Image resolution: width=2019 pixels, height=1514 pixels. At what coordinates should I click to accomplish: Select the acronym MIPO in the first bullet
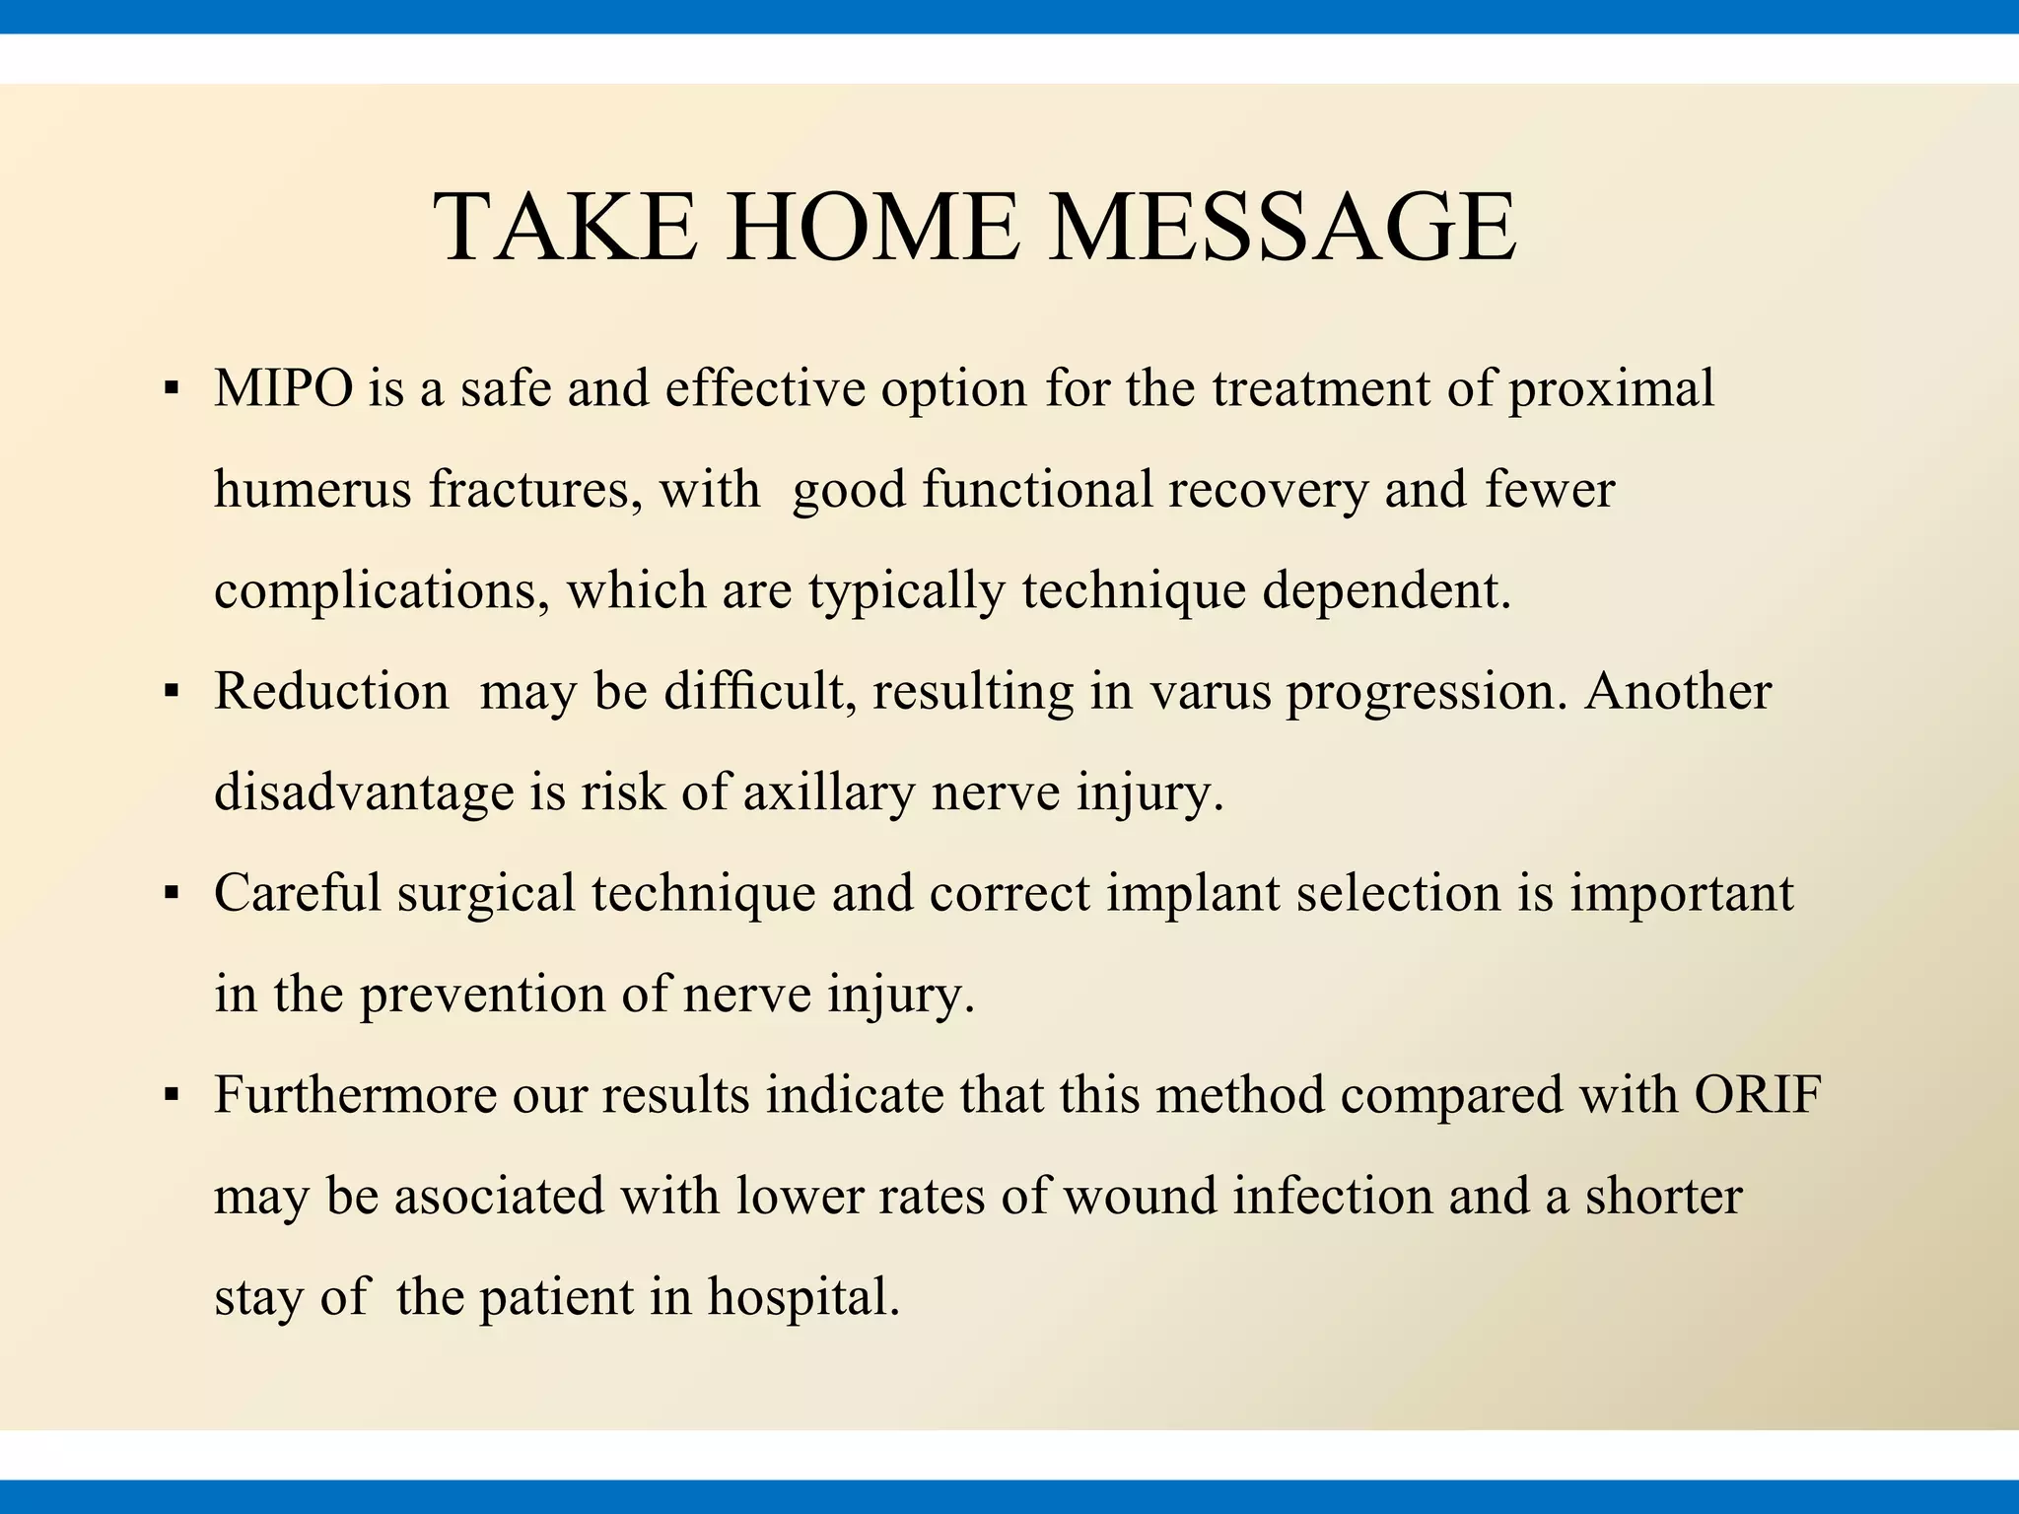pos(283,388)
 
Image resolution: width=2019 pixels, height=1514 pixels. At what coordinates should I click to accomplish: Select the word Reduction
pos(331,691)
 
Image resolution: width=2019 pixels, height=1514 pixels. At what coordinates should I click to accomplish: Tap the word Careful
pos(298,893)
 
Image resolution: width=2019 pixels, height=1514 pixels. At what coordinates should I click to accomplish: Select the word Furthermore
pos(355,1095)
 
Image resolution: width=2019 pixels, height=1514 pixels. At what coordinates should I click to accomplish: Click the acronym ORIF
pos(1757,1095)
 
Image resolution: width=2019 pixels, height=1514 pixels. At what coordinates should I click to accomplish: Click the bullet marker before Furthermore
pos(172,1095)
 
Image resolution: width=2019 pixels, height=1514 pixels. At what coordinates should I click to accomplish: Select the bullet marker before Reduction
pos(172,692)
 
